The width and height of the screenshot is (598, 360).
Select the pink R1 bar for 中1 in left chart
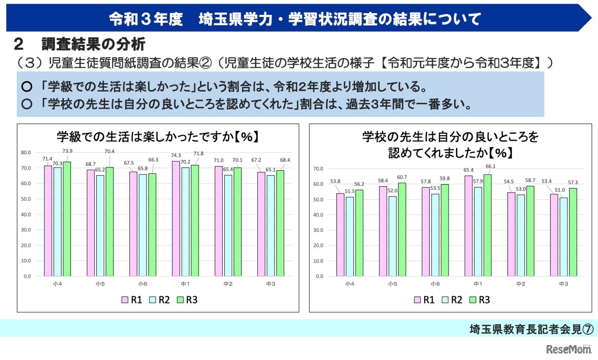point(176,218)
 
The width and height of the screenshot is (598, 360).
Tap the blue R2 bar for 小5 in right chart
point(392,236)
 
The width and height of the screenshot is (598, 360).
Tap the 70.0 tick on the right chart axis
point(318,169)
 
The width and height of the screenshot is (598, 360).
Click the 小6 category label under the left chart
point(143,284)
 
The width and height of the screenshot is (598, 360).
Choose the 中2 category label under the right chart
point(521,284)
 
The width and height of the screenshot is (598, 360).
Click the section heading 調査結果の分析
point(93,44)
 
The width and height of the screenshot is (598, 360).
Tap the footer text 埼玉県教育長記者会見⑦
point(531,329)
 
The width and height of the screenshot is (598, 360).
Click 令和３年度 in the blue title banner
point(145,19)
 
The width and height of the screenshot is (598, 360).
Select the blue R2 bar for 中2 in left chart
point(228,225)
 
